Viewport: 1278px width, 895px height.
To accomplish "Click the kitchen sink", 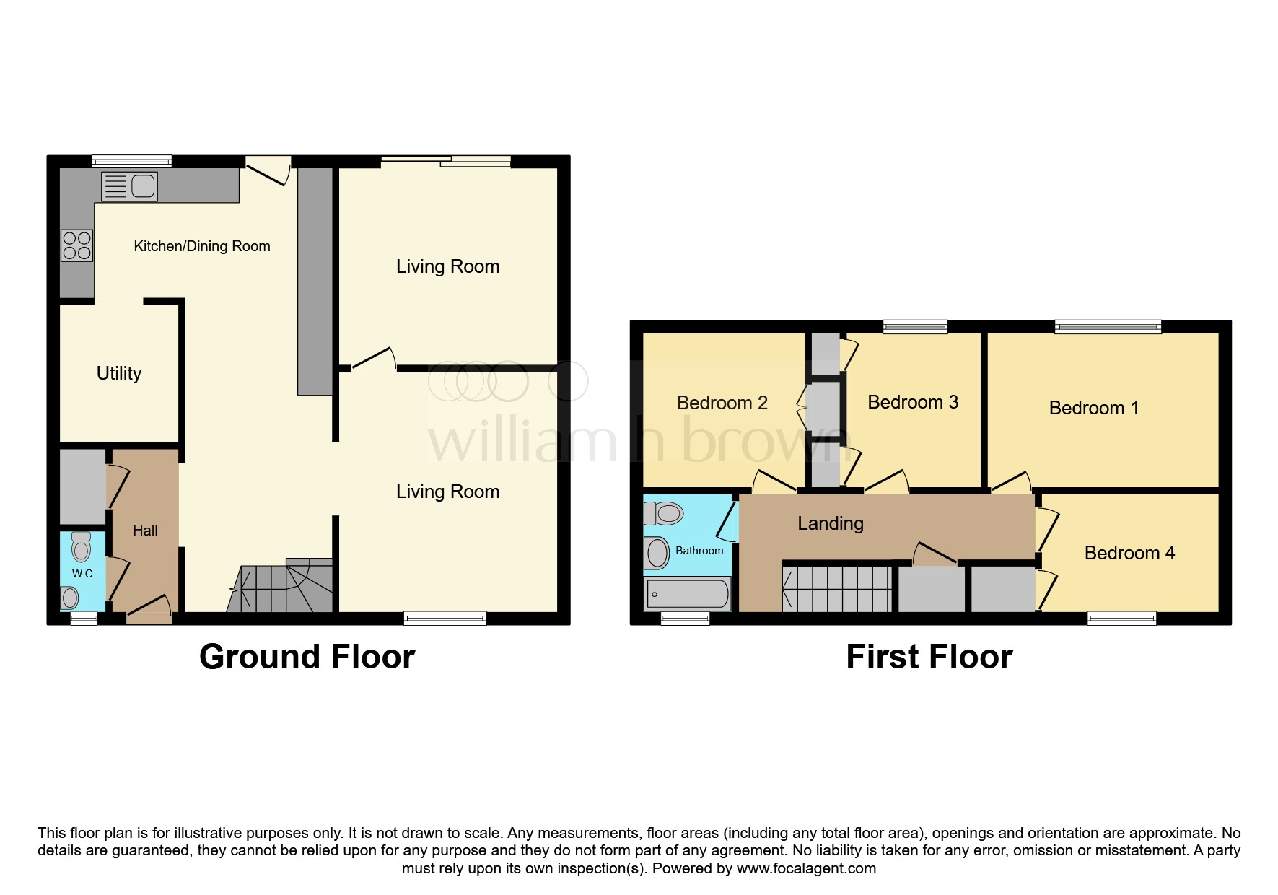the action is coord(129,186).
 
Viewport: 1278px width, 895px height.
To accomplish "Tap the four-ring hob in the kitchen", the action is coord(77,245).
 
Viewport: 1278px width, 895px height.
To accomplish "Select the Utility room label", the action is coord(119,373).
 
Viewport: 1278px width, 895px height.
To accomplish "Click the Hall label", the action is coord(145,531).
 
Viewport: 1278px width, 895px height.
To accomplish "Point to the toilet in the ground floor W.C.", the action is coord(82,547).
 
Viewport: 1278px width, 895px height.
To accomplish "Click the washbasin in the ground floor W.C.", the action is coord(70,598).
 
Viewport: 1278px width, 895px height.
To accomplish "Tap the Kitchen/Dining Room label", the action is coord(202,246).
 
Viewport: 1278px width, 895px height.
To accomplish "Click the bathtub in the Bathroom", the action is coord(688,594).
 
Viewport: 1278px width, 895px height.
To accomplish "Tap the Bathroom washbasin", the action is coord(657,554).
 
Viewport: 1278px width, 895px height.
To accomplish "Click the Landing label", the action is coord(831,524).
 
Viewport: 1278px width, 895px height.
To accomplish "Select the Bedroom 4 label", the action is coord(1130,553).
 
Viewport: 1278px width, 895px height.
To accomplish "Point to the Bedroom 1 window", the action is coord(1108,327).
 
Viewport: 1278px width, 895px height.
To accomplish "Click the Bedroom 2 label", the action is coord(722,403).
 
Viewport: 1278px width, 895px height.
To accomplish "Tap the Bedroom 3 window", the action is coord(915,327).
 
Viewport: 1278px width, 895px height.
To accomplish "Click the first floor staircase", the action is coord(837,589).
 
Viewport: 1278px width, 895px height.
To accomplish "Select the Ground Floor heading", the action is coord(307,657).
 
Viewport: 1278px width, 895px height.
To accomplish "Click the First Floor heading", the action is coord(929,657).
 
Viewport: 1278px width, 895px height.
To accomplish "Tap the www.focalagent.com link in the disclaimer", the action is coord(806,868).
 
